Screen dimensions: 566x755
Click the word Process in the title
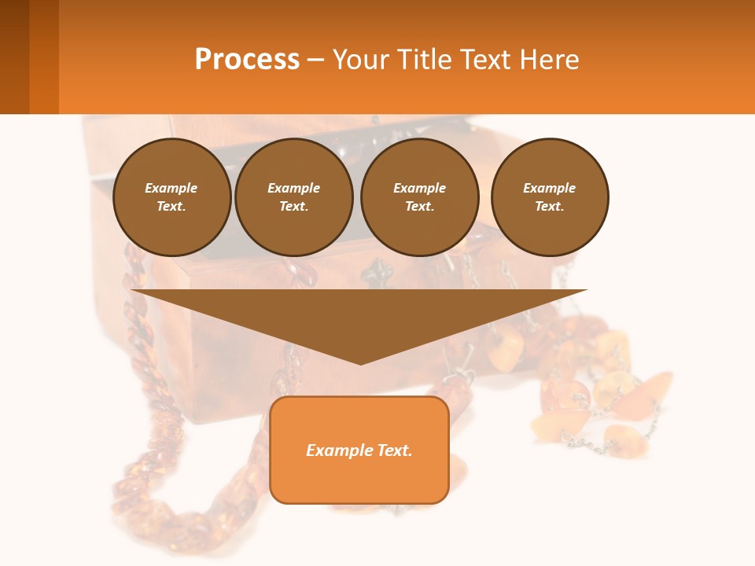pyautogui.click(x=247, y=59)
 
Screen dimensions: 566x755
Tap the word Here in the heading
pyautogui.click(x=550, y=59)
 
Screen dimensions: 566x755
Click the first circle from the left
pyautogui.click(x=171, y=197)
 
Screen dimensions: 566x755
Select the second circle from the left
pyautogui.click(x=293, y=197)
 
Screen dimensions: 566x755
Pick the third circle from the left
pyautogui.click(x=419, y=197)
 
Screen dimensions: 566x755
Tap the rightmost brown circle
pyautogui.click(x=549, y=197)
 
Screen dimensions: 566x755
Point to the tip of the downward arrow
pyautogui.click(x=360, y=362)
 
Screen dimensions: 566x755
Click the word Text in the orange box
pyautogui.click(x=393, y=450)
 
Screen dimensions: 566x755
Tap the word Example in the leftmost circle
pyautogui.click(x=171, y=188)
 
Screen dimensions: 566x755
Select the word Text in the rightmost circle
pyautogui.click(x=549, y=207)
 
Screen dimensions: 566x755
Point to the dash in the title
pyautogui.click(x=316, y=60)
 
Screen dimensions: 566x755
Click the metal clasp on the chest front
pyautogui.click(x=375, y=275)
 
